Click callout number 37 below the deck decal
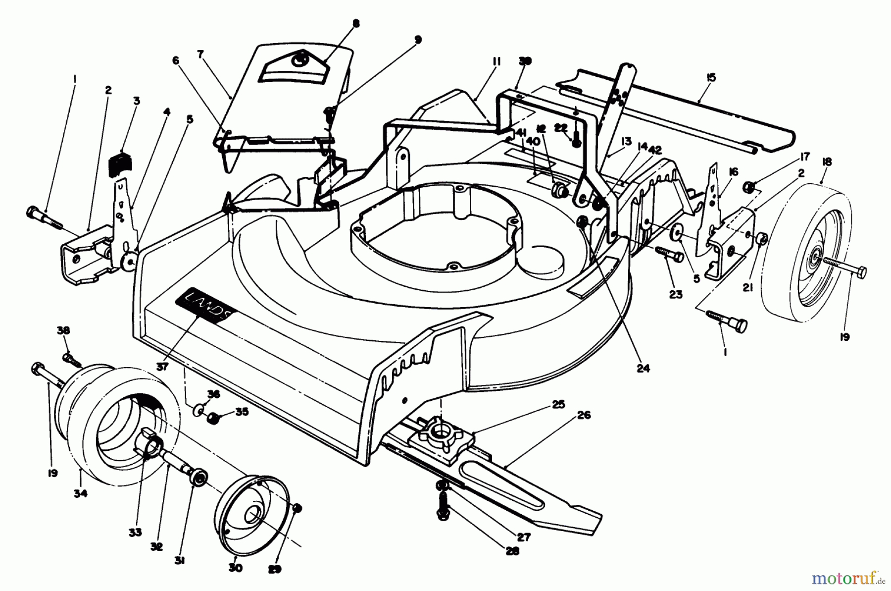pyautogui.click(x=163, y=367)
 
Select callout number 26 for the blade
pyautogui.click(x=584, y=415)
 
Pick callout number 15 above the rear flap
pyautogui.click(x=711, y=78)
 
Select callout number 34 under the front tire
pyautogui.click(x=80, y=493)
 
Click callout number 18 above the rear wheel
pyautogui.click(x=827, y=161)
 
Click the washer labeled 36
pyautogui.click(x=198, y=410)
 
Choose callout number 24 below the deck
pyautogui.click(x=643, y=368)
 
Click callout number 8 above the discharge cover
pyautogui.click(x=356, y=24)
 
